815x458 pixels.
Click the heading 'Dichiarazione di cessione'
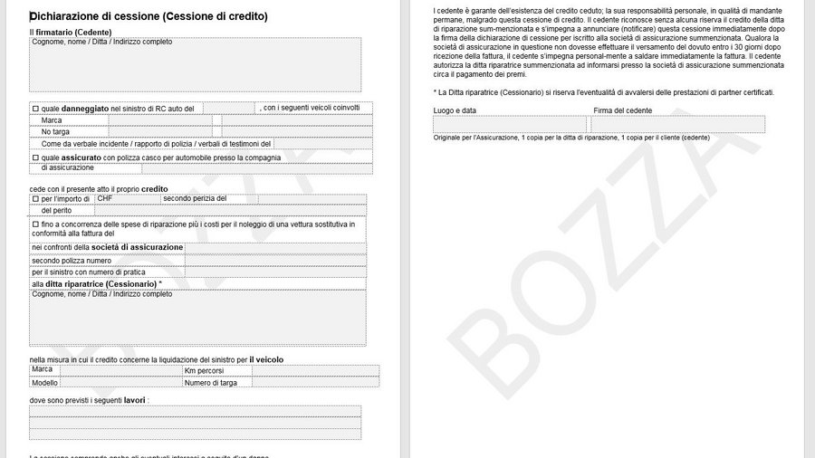(x=149, y=16)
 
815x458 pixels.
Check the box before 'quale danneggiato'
(x=35, y=109)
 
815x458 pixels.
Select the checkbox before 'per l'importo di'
(x=35, y=199)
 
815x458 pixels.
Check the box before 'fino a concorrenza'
(x=35, y=223)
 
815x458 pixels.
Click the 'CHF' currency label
(x=105, y=198)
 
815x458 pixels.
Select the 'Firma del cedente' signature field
(x=678, y=125)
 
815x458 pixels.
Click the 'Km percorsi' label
(x=204, y=370)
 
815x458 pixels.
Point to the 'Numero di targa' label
(x=211, y=382)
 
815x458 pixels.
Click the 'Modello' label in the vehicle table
(x=44, y=382)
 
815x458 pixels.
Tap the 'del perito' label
(x=56, y=210)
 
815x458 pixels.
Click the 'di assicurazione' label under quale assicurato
(x=67, y=167)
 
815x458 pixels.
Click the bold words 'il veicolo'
(x=266, y=359)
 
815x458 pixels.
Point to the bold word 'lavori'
(x=135, y=399)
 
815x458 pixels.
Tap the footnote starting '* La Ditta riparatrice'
(x=603, y=92)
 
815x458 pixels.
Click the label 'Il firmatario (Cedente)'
(x=71, y=33)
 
